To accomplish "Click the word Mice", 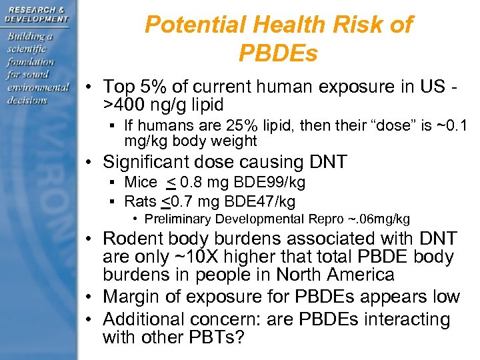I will pyautogui.click(x=140, y=182).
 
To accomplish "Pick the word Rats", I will pyautogui.click(x=141, y=201).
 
